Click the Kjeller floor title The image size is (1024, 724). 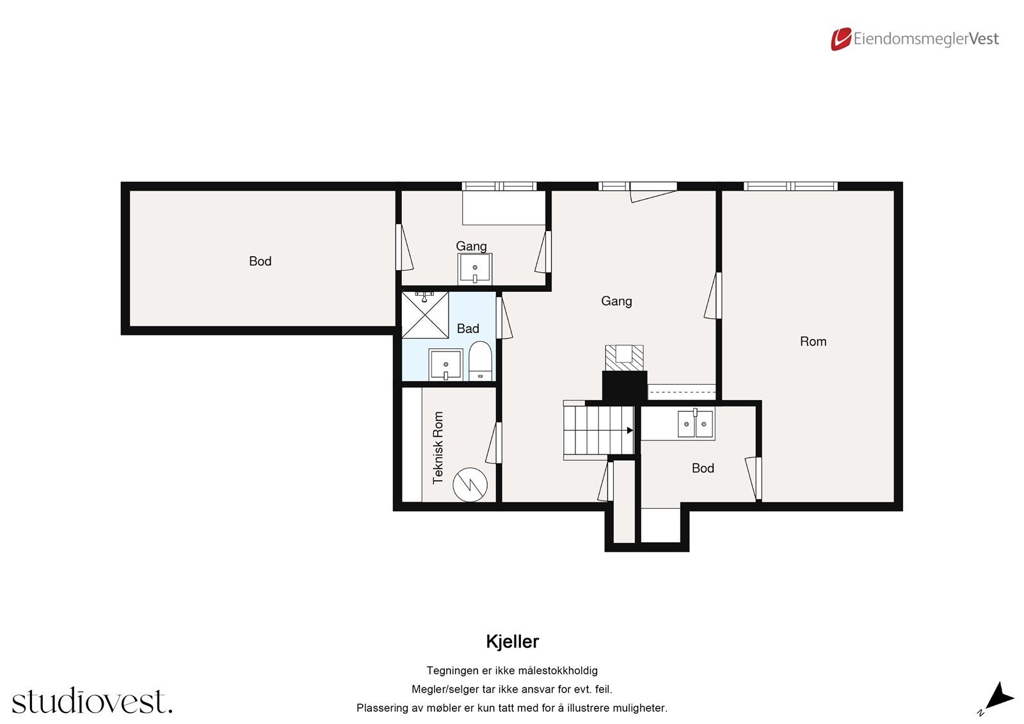(x=512, y=641)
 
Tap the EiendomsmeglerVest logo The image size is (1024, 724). (x=915, y=39)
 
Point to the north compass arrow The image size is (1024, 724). (x=998, y=697)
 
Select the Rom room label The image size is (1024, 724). (x=813, y=341)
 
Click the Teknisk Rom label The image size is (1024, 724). (x=438, y=447)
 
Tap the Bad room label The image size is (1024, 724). (x=468, y=328)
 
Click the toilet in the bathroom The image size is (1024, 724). (x=479, y=361)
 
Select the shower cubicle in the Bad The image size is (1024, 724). (x=425, y=315)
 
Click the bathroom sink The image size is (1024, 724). (x=445, y=366)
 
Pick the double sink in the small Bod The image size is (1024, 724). (x=696, y=424)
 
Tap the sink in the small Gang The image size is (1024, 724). (x=475, y=268)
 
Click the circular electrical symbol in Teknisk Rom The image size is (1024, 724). (x=470, y=484)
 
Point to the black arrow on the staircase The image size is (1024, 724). (x=630, y=430)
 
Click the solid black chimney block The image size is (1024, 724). (x=625, y=386)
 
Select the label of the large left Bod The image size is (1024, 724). (x=260, y=261)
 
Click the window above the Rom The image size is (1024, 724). (x=790, y=186)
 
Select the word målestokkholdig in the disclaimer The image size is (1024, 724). (x=557, y=670)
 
